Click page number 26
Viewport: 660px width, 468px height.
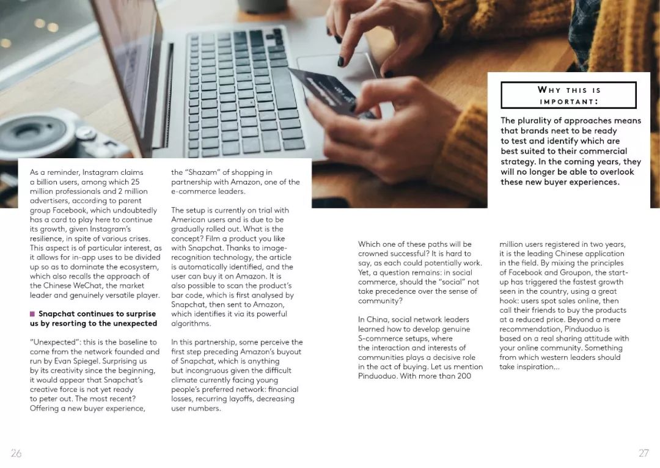16,453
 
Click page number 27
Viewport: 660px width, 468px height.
643,453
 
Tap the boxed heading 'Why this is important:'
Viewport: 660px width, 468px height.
568,95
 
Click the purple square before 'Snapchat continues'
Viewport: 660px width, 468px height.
32,314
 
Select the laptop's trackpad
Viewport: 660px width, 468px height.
333,67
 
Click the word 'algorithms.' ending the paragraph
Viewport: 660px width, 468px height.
191,323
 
